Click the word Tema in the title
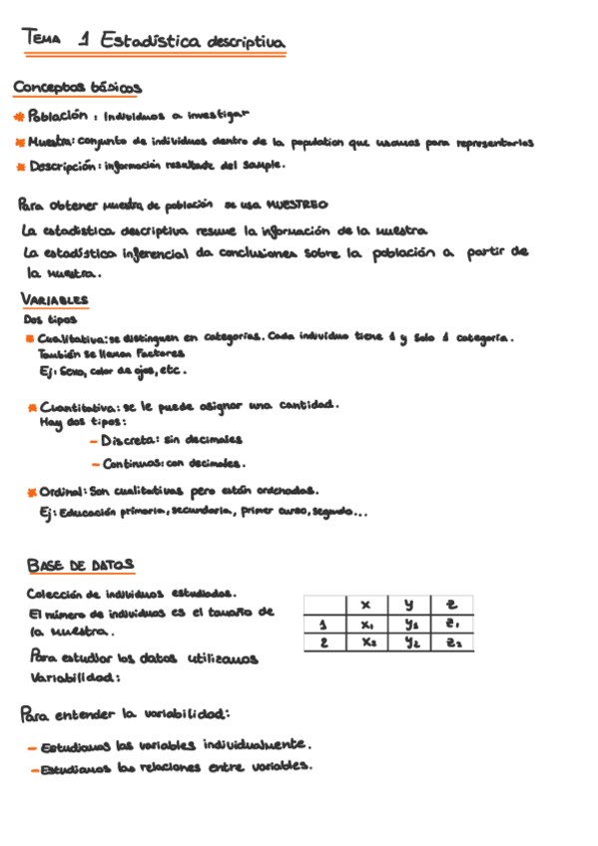(x=41, y=39)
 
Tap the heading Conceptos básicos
(x=77, y=88)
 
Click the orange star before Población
(x=19, y=118)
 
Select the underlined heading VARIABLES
(x=54, y=299)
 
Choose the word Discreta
(x=128, y=439)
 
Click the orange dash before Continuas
(x=94, y=464)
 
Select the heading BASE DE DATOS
(x=80, y=566)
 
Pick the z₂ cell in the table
(x=452, y=643)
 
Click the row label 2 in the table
(x=323, y=643)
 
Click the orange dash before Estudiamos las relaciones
(x=33, y=770)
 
